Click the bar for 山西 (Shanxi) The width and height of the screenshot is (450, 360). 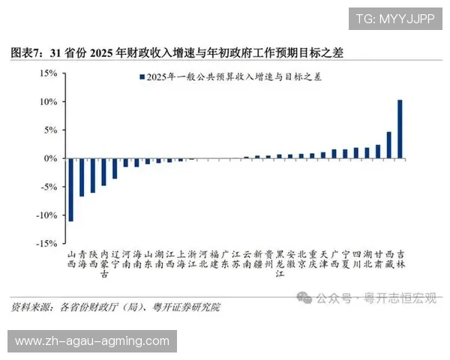pyautogui.click(x=71, y=190)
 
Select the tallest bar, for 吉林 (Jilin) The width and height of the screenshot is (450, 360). pyautogui.click(x=400, y=129)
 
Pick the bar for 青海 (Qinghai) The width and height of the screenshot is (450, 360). pyautogui.click(x=82, y=178)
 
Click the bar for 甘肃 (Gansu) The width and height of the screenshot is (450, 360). pyautogui.click(x=378, y=151)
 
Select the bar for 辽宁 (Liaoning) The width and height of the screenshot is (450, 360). pyautogui.click(x=115, y=169)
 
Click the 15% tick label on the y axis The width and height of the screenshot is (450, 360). pyautogui.click(x=48, y=73)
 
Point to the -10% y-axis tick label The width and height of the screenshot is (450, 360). pyautogui.click(x=46, y=215)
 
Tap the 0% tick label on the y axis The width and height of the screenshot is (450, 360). pyautogui.click(x=51, y=158)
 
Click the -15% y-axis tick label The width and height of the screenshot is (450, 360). pyautogui.click(x=46, y=244)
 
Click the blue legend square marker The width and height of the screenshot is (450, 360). pyautogui.click(x=141, y=76)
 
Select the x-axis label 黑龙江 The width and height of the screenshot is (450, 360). pyautogui.click(x=280, y=264)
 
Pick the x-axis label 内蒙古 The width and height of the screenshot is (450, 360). pyautogui.click(x=104, y=264)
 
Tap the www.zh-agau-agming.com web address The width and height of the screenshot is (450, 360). pyautogui.click(x=92, y=341)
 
